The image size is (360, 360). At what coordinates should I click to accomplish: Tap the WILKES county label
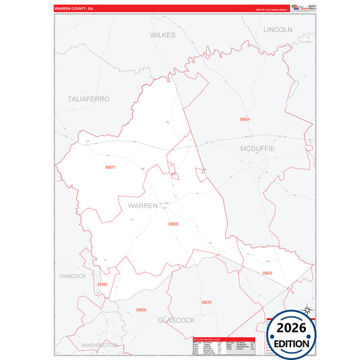(x=163, y=34)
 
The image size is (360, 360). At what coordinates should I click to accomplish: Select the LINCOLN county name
(x=278, y=30)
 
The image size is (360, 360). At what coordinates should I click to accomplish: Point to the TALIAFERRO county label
(x=88, y=99)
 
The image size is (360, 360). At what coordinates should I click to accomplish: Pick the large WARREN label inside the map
(x=138, y=205)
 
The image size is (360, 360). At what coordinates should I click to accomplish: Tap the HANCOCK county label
(x=72, y=276)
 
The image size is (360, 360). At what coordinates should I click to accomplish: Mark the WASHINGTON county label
(x=99, y=344)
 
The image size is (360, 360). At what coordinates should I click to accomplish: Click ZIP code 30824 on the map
(x=245, y=119)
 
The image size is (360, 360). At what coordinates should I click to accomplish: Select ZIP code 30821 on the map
(x=110, y=168)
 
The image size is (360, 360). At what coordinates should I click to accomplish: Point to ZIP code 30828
(x=173, y=224)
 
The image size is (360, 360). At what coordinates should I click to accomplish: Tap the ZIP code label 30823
(x=267, y=273)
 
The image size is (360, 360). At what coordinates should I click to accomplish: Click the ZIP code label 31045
(x=102, y=284)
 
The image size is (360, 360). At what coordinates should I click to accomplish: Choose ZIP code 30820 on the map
(x=140, y=309)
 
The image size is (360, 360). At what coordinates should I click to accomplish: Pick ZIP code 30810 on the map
(x=206, y=302)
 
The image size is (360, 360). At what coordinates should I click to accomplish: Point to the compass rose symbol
(x=307, y=310)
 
